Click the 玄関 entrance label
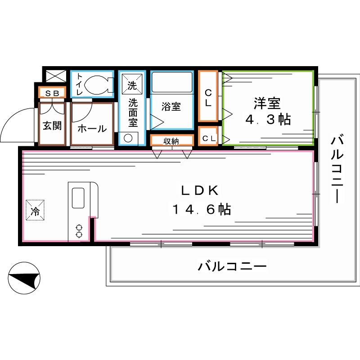tap(52, 126)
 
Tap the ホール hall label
tap(92, 128)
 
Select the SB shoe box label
tap(52, 93)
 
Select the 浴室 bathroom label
tap(171, 107)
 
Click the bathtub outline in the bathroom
tap(171, 82)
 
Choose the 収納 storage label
tap(171, 141)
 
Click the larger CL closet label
tap(208, 97)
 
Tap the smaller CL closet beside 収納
tap(208, 139)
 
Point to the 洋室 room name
tap(267, 103)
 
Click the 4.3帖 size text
tap(267, 120)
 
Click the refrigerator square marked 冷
tap(35, 210)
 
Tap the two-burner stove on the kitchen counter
tap(79, 231)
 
